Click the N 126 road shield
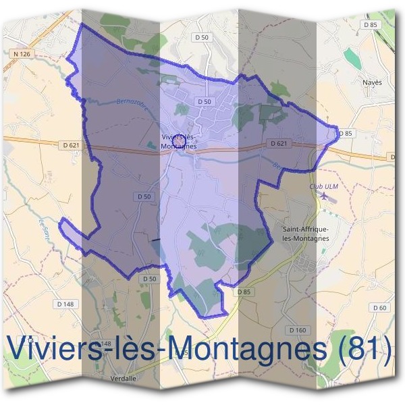tap(22, 53)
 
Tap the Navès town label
tap(372, 82)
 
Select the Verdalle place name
tap(123, 379)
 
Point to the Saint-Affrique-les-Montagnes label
tap(305, 234)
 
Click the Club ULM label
tap(322, 185)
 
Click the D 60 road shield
tap(380, 307)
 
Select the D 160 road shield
tap(297, 330)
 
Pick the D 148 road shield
tap(65, 304)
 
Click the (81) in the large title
tap(365, 349)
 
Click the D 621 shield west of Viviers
tap(71, 144)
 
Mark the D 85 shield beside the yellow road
tap(244, 292)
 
